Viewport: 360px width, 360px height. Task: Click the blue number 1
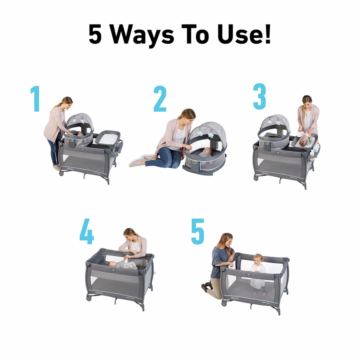coord(36,98)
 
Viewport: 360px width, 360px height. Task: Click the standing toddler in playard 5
coord(258,270)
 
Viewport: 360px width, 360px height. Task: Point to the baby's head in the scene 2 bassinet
coord(206,152)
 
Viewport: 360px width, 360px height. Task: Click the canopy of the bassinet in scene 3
coord(276,122)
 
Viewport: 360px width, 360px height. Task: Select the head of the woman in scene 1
coord(67,103)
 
